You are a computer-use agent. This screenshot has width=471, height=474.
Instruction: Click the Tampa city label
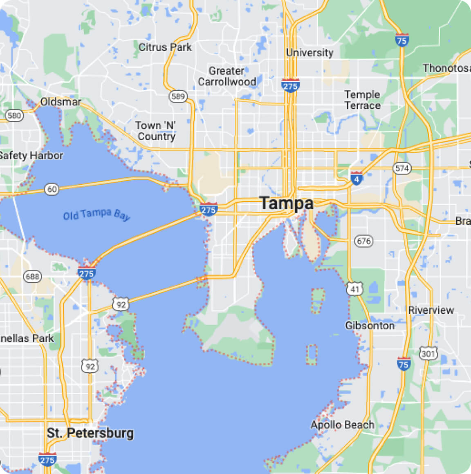click(x=286, y=203)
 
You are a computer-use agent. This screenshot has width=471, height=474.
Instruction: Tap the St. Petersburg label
click(x=90, y=433)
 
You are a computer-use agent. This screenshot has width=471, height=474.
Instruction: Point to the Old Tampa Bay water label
click(x=96, y=215)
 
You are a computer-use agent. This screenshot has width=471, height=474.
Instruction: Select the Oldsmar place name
click(x=61, y=102)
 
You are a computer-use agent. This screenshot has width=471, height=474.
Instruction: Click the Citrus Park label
click(x=165, y=47)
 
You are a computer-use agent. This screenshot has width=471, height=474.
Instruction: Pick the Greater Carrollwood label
click(x=227, y=76)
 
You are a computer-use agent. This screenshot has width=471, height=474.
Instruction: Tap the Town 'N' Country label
click(x=156, y=131)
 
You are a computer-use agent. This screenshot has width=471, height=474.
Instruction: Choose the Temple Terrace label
click(x=362, y=100)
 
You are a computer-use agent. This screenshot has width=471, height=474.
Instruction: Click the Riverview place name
click(x=431, y=310)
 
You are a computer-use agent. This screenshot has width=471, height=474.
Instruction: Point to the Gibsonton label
click(x=370, y=326)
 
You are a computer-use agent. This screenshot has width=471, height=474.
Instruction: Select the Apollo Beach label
click(x=342, y=425)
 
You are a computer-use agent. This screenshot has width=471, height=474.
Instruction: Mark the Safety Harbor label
click(x=31, y=156)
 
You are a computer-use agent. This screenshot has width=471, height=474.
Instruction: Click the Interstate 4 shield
click(x=357, y=179)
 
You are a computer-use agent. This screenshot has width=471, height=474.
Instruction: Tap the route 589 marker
click(x=178, y=96)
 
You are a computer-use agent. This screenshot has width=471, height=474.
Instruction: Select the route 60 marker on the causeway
click(x=52, y=189)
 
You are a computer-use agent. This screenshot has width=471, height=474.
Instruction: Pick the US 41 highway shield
click(x=354, y=289)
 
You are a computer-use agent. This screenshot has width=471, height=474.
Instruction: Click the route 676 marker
click(x=363, y=241)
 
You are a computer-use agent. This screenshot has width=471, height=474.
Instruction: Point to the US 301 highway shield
click(x=428, y=353)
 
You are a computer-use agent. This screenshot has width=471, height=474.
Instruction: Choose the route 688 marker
click(x=32, y=277)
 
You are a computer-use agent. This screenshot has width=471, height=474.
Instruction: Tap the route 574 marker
click(x=402, y=168)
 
